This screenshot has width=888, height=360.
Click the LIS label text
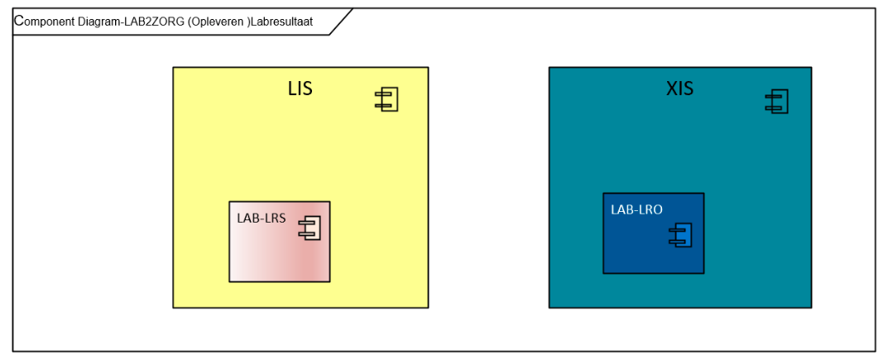[x=300, y=89]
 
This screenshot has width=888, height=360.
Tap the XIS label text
[x=679, y=89]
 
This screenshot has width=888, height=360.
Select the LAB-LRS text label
[x=261, y=218]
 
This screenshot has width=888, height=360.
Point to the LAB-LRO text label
[x=636, y=209]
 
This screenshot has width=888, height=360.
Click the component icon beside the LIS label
[x=386, y=99]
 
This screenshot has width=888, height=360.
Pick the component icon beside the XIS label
[x=776, y=101]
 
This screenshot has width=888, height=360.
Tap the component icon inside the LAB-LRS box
[x=310, y=228]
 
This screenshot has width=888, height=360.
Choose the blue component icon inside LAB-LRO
[x=679, y=235]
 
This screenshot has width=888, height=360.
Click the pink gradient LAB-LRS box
[x=280, y=242]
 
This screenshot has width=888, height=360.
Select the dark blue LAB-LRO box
[x=654, y=233]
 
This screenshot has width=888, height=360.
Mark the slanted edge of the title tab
[x=341, y=22]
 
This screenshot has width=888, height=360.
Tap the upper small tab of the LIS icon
[x=381, y=95]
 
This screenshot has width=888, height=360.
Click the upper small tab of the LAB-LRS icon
[x=304, y=223]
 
